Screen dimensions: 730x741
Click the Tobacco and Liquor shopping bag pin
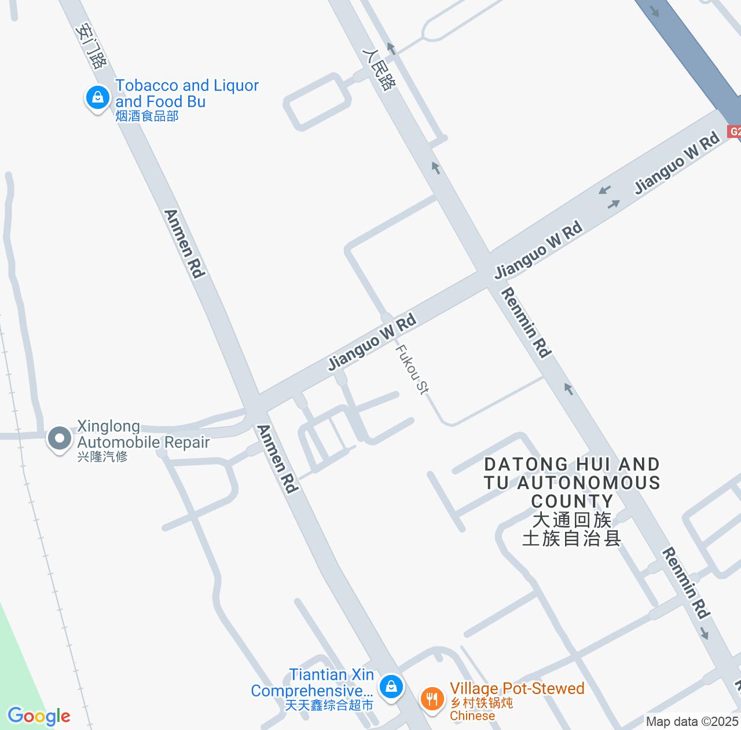point(98,97)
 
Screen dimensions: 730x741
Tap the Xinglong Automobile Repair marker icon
point(59,439)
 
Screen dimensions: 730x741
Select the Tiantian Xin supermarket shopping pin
point(391,687)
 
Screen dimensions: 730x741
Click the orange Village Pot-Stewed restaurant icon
point(431,698)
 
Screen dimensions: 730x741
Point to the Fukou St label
point(412,370)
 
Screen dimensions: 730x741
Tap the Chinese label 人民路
point(379,68)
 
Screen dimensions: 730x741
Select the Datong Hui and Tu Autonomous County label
point(572,482)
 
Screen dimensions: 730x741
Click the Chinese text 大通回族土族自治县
point(572,528)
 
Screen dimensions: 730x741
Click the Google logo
point(39,716)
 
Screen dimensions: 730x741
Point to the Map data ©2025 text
point(692,722)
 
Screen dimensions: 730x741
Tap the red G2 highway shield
point(734,132)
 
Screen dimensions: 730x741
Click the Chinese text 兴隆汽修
point(102,457)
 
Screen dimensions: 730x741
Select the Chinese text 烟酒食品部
point(147,116)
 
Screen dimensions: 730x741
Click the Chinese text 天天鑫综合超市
point(329,705)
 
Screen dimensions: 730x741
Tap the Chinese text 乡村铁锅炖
point(482,703)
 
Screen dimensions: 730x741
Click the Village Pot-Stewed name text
point(517,688)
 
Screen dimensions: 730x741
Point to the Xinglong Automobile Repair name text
point(143,435)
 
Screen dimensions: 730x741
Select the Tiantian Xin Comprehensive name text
point(313,682)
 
